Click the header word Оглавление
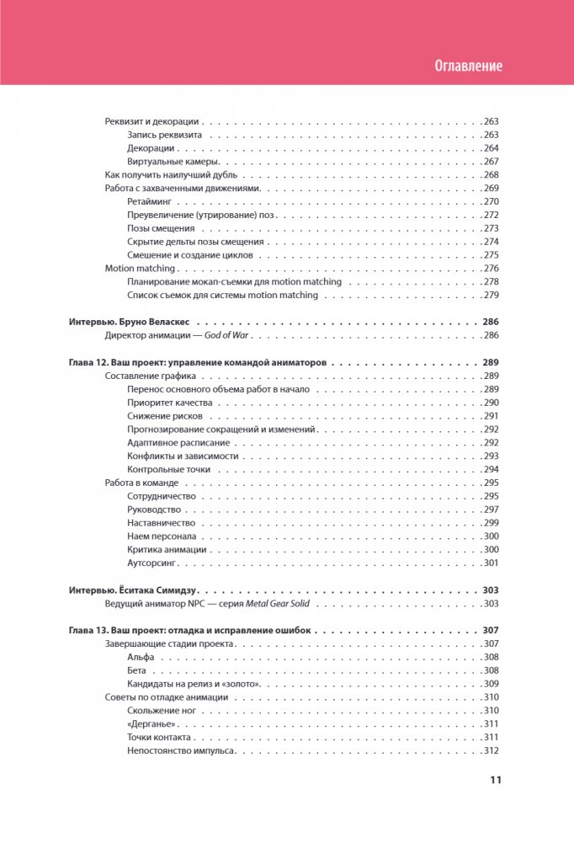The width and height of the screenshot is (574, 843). tap(469, 67)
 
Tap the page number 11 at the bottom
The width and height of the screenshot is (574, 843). tap(496, 780)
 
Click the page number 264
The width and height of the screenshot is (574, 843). tap(492, 148)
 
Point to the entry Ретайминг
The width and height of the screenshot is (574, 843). tap(149, 202)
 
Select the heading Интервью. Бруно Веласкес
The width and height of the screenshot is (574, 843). tap(130, 322)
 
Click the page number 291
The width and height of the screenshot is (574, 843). tap(492, 416)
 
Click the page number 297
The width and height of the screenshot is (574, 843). tap(492, 510)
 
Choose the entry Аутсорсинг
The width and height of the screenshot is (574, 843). tap(152, 563)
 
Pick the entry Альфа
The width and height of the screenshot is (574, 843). tap(141, 657)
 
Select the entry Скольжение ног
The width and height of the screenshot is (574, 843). tap(162, 711)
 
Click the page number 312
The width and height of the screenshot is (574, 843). tap(492, 751)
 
